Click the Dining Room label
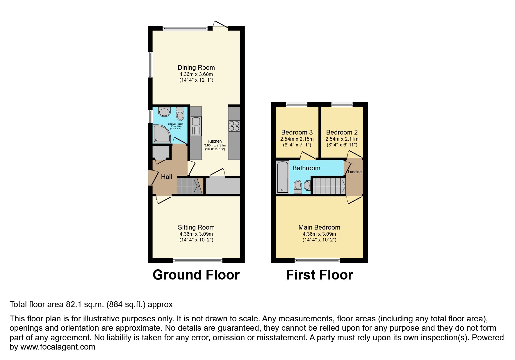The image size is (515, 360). click(x=196, y=67)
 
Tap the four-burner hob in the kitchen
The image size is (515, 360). click(x=234, y=126)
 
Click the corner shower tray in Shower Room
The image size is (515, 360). click(x=161, y=134)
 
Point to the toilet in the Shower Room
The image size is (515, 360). click(x=180, y=114)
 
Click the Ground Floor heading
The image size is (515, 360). click(x=196, y=275)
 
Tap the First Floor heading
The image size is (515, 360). click(x=319, y=275)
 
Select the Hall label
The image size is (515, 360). click(x=166, y=177)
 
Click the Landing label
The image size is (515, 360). click(x=354, y=172)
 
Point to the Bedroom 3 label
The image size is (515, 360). click(x=297, y=132)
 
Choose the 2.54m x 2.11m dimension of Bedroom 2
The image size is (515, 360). click(x=342, y=139)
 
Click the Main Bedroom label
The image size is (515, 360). click(x=319, y=227)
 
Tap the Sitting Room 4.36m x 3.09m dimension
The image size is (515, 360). click(x=196, y=234)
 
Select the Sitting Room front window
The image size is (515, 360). click(x=197, y=260)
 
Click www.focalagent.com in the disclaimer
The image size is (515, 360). click(x=58, y=347)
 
